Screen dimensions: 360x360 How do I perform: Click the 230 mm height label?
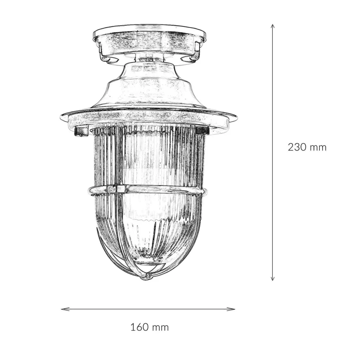tap(307, 147)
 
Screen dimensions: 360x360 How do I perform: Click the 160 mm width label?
tap(149, 327)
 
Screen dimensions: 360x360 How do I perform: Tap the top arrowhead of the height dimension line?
tap(272, 26)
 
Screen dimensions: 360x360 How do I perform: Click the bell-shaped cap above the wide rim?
tap(149, 86)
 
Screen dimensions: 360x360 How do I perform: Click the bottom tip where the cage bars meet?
tap(145, 277)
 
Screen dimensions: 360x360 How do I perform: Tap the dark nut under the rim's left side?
tap(81, 132)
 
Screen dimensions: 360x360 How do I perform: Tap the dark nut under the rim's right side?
tap(202, 131)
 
